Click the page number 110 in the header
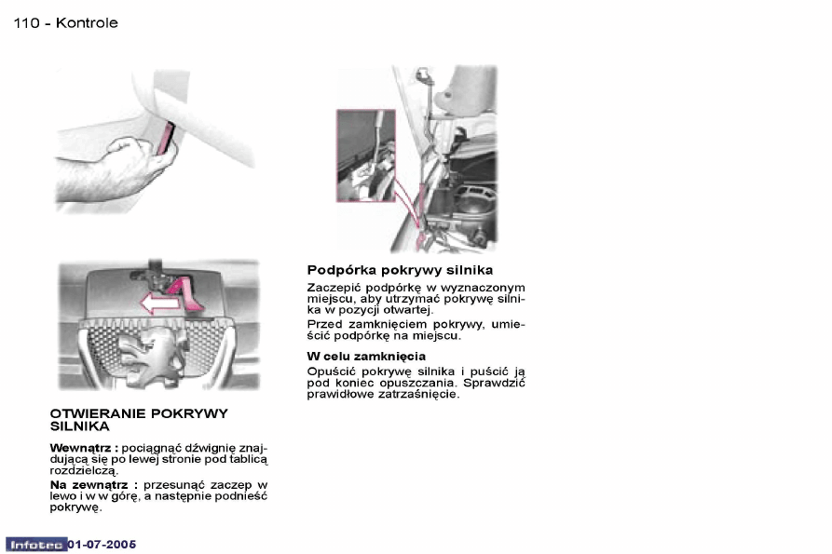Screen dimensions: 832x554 coord(26,22)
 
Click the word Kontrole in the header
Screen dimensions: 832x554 coord(87,22)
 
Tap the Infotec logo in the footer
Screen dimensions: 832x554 coord(36,545)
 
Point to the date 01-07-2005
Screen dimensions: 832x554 coord(102,545)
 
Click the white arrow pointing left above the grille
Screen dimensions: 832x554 coord(158,304)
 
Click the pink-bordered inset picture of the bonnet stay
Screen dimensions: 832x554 coord(365,155)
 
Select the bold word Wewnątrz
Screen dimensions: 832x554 coord(81,448)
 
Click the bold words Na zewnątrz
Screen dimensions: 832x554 coord(89,485)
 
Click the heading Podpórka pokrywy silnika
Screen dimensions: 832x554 coord(400,270)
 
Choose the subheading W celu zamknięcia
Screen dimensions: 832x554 coord(366,357)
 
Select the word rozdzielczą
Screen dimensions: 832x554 coord(84,470)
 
